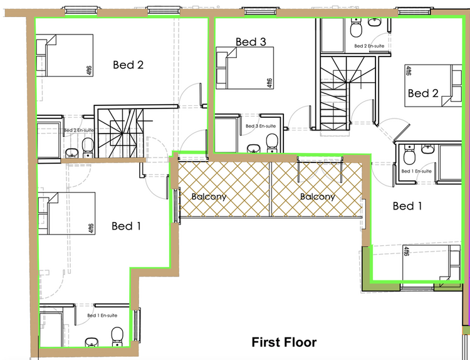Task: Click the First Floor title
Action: (x=284, y=342)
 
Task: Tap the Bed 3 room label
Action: (x=251, y=41)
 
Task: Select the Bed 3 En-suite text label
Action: (x=261, y=126)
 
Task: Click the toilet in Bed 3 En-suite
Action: (x=272, y=143)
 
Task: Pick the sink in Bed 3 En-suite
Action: (x=254, y=148)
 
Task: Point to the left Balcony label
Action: (x=209, y=197)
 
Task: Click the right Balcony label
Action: (x=318, y=197)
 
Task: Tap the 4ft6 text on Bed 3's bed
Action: (x=269, y=83)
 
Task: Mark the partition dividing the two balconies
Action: (x=270, y=189)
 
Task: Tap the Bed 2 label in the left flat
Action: (x=128, y=65)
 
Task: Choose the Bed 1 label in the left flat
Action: (x=126, y=226)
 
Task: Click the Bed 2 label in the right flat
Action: (x=423, y=93)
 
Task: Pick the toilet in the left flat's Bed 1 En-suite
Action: (x=117, y=336)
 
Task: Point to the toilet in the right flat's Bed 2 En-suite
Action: (x=357, y=28)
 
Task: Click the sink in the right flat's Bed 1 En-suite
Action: (x=427, y=149)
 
